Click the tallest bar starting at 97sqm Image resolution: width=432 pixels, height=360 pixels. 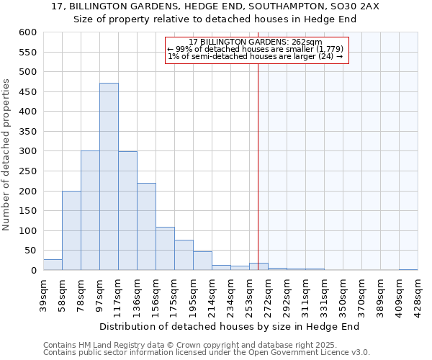(109, 176)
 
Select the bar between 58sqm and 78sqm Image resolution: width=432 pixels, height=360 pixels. (71, 230)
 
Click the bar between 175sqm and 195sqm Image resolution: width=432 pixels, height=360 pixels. (184, 255)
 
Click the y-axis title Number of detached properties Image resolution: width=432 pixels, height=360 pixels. (7, 156)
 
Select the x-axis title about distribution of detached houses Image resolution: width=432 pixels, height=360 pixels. (229, 326)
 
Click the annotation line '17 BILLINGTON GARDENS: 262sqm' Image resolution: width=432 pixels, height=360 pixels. (256, 42)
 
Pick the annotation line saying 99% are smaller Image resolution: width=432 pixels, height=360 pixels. (256, 49)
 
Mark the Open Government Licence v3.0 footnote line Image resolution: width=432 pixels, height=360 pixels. (206, 352)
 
